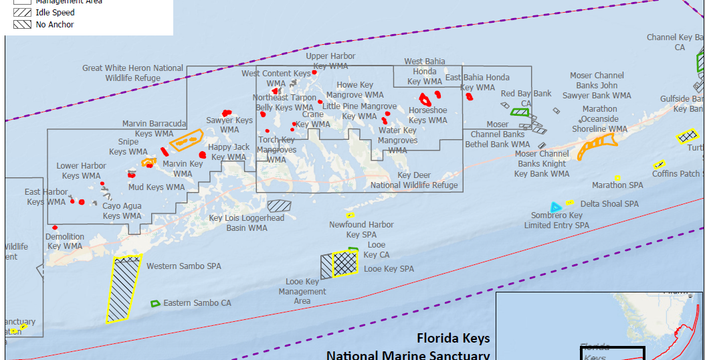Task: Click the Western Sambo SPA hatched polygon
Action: point(124,288)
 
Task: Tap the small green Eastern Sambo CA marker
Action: point(155,303)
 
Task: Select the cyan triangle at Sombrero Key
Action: point(554,207)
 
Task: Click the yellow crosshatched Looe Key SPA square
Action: point(346,263)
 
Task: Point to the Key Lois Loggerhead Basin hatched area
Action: point(279,205)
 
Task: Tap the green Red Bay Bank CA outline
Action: point(520,111)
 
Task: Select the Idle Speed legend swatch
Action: point(21,12)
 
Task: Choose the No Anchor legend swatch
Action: point(21,24)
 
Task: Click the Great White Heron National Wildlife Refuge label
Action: point(133,73)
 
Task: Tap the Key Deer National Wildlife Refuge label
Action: point(414,180)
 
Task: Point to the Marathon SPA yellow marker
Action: point(617,177)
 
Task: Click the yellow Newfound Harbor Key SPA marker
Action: point(350,215)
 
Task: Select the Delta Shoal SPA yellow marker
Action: point(569,202)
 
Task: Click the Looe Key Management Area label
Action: point(302,291)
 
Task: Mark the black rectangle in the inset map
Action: point(611,353)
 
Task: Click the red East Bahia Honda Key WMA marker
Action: point(469,96)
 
